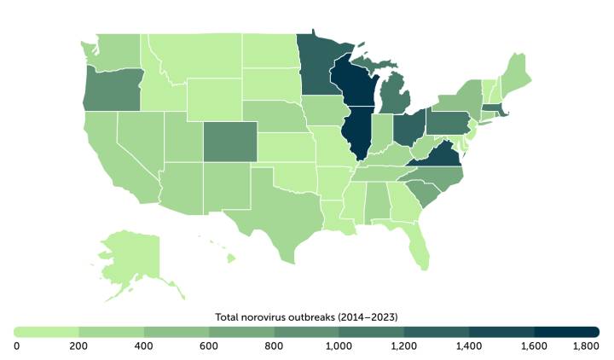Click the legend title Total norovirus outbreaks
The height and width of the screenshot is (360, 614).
click(x=306, y=316)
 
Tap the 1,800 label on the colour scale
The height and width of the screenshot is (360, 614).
click(x=586, y=345)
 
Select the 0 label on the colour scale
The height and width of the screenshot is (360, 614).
click(x=17, y=345)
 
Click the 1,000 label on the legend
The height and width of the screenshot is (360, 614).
click(x=339, y=345)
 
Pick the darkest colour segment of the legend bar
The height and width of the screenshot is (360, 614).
click(x=566, y=331)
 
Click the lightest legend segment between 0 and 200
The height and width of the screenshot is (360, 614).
click(x=47, y=331)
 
